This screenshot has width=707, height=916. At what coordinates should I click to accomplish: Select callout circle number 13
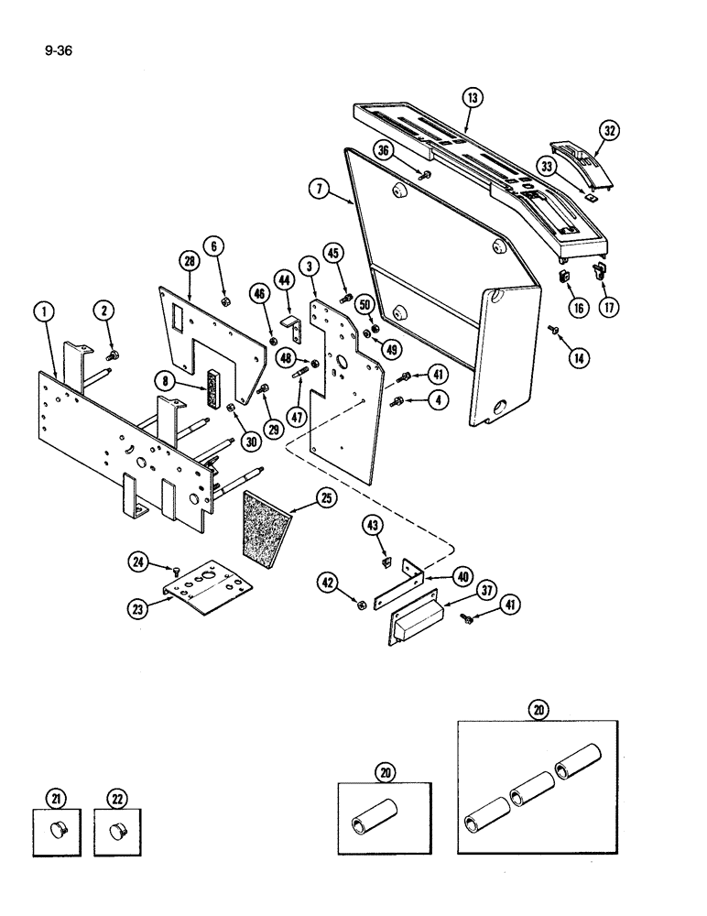pos(472,98)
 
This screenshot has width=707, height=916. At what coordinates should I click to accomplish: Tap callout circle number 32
pos(608,131)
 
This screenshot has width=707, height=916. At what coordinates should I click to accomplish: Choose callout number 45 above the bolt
pos(332,254)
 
